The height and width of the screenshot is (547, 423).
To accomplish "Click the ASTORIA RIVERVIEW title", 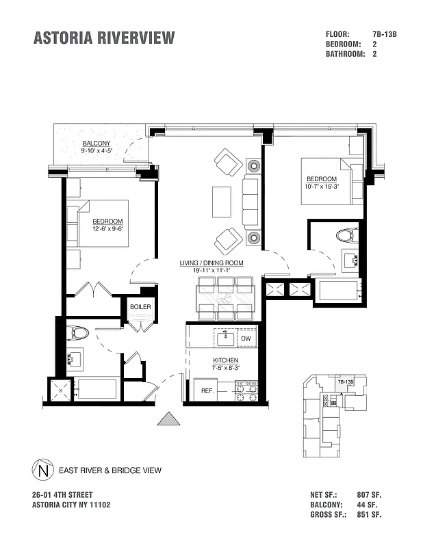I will [x=104, y=38].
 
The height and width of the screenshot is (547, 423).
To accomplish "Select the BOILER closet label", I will [x=140, y=307].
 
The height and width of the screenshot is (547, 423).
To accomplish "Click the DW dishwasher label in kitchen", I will [x=246, y=338].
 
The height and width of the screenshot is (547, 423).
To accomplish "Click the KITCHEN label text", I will [x=225, y=360].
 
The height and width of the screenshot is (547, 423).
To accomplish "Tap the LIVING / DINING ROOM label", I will [x=211, y=263].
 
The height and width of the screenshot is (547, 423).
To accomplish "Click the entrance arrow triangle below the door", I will [x=168, y=418].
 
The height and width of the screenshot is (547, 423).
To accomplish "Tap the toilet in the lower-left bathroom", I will [x=79, y=334].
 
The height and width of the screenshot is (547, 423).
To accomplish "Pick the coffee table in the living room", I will [x=222, y=202].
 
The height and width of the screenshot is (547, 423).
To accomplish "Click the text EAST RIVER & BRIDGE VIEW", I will [x=110, y=470].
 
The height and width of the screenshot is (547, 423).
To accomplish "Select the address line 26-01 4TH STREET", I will [x=62, y=494].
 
